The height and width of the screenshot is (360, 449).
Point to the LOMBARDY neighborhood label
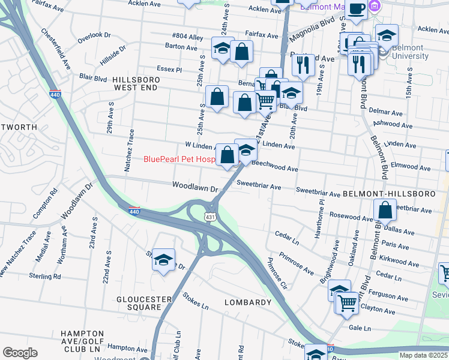click(x=248, y=302)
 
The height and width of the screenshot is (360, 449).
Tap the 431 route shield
click(x=210, y=216)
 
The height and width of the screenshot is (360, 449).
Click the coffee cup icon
click(x=356, y=9)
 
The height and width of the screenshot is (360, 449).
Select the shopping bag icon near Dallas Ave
click(x=385, y=211)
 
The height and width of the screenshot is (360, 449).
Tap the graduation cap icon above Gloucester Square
click(x=163, y=260)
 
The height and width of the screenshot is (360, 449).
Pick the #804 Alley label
click(x=188, y=37)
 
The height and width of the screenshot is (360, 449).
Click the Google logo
click(x=20, y=352)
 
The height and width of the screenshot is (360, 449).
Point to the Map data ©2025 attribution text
click(x=423, y=355)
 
